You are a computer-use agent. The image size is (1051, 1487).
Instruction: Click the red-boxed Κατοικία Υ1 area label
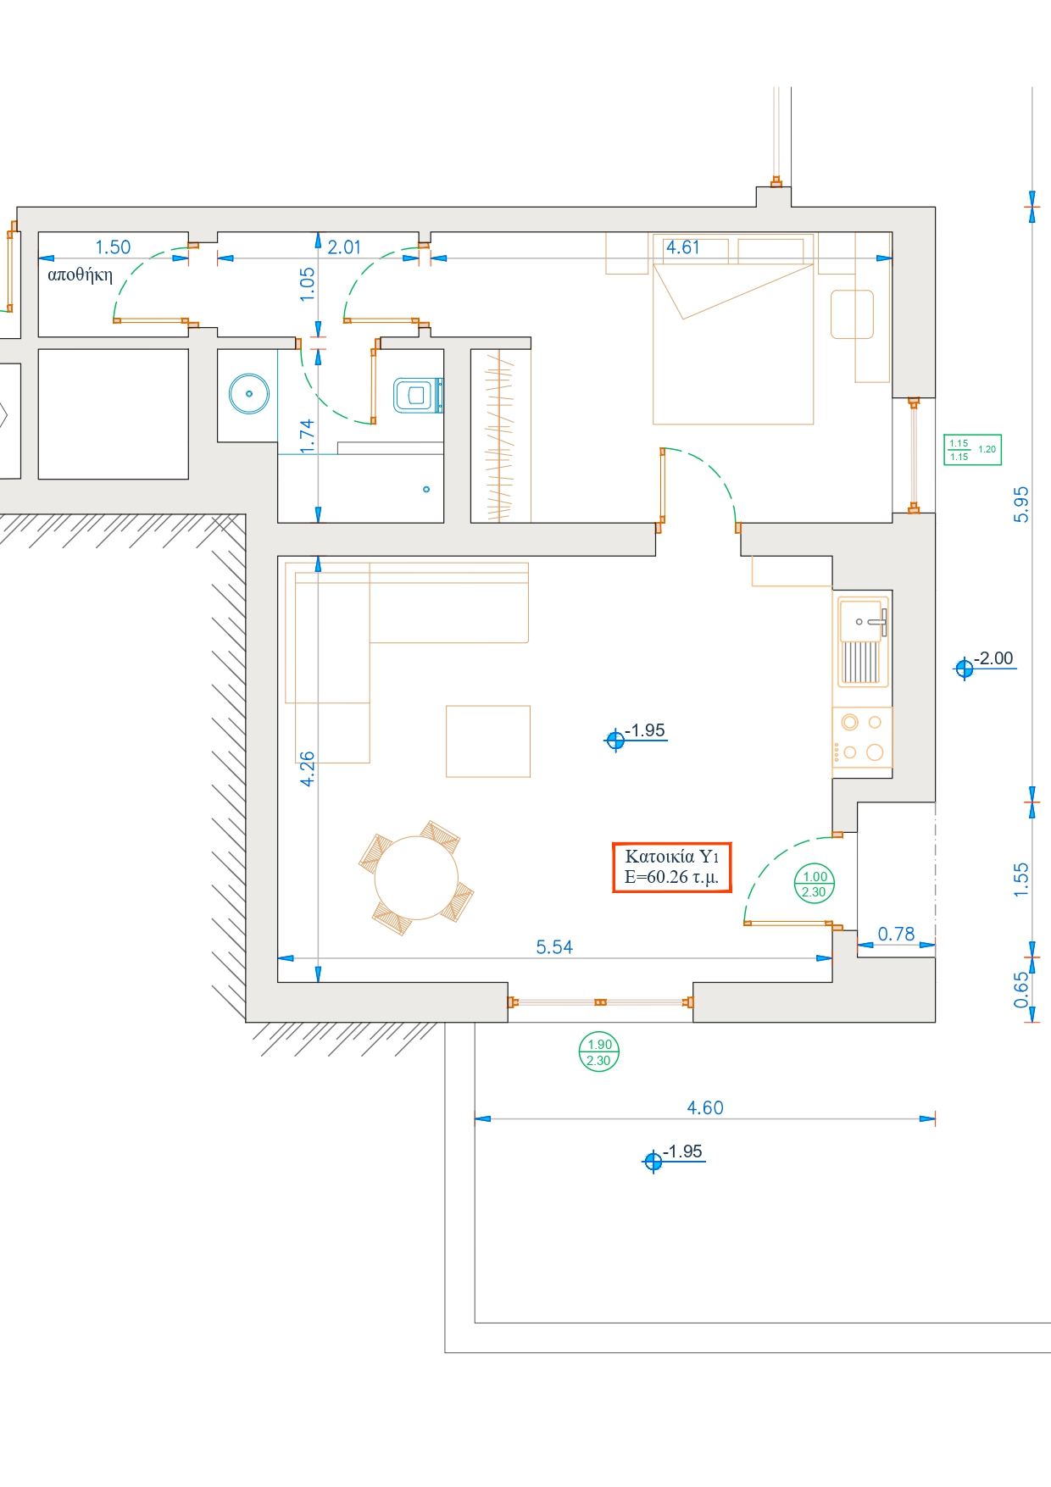pos(672,867)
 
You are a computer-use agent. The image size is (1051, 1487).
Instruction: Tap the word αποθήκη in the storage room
pos(80,275)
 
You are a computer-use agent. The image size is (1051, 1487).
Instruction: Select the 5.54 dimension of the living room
pos(554,946)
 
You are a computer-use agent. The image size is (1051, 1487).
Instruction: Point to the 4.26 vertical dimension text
pos(307,768)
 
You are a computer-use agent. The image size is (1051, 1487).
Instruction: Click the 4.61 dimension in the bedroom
pos(682,247)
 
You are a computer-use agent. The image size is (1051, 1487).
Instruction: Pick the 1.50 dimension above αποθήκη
pos(113,247)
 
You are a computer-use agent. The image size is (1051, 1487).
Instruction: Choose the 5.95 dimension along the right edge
pos(1021,504)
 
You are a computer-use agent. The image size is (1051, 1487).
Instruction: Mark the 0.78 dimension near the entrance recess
pos(896,934)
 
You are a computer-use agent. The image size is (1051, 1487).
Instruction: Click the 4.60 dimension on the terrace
pos(705,1107)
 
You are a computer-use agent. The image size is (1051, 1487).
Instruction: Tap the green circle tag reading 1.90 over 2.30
pos(599,1052)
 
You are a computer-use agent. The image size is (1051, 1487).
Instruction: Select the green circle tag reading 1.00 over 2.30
pos(815,884)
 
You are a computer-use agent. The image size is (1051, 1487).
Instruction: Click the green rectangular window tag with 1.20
pos(972,450)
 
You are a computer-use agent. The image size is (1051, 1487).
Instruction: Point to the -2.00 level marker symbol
pos(964,669)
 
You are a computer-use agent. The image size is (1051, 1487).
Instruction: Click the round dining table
pos(416,877)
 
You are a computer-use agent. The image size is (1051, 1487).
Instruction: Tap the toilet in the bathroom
pos(418,395)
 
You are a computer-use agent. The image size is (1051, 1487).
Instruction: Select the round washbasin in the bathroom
pos(249,394)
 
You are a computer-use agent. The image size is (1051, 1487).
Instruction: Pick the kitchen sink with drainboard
pos(863,641)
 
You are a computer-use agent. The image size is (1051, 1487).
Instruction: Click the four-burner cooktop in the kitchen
pos(863,737)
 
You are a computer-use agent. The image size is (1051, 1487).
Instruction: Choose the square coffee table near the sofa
pos(488,741)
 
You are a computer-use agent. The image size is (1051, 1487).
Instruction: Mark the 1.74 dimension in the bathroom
pos(307,436)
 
